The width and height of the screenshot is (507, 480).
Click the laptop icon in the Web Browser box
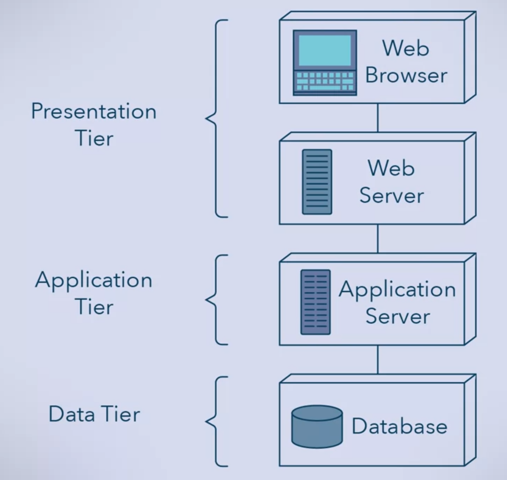[x=325, y=63]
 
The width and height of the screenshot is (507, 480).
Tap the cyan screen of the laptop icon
[x=325, y=51]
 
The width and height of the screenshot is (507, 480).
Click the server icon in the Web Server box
[x=317, y=182]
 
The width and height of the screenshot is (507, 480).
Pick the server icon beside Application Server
[x=315, y=302]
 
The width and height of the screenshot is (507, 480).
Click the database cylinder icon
[x=317, y=426]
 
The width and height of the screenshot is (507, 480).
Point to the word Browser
[x=406, y=75]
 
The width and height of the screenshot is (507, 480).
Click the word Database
[x=399, y=426]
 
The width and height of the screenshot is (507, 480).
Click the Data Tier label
[x=94, y=414]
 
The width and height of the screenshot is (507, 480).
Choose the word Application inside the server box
[x=397, y=290]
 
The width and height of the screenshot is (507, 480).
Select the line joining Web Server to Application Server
[x=378, y=239]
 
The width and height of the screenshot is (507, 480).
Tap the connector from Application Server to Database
[x=378, y=360]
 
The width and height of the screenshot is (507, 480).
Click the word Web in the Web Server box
[x=391, y=168]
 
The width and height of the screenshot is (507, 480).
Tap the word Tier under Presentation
[x=94, y=139]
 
